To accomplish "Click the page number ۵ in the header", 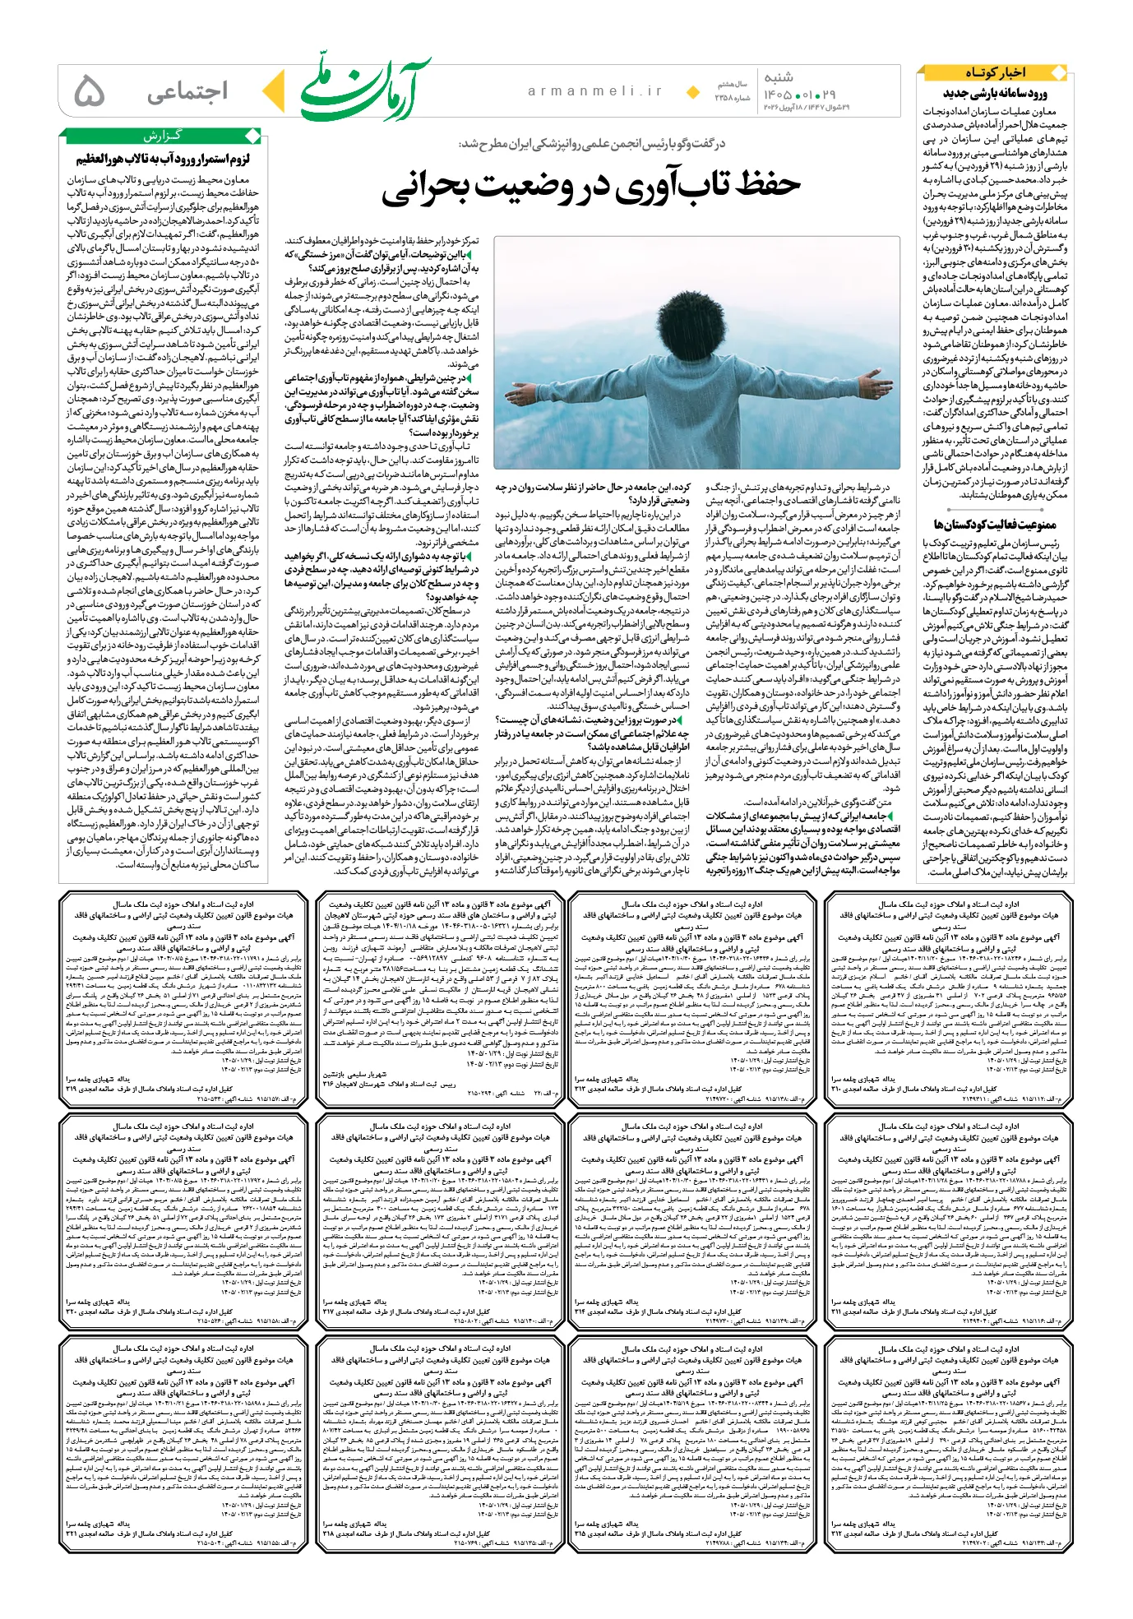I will [x=89, y=92].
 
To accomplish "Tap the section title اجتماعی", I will [x=187, y=92].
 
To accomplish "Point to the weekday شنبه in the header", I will [x=778, y=77].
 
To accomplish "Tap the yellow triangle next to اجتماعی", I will [x=274, y=92].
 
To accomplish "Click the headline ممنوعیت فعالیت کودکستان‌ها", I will [x=994, y=525].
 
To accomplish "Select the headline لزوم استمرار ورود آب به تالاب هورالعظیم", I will [x=163, y=159].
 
